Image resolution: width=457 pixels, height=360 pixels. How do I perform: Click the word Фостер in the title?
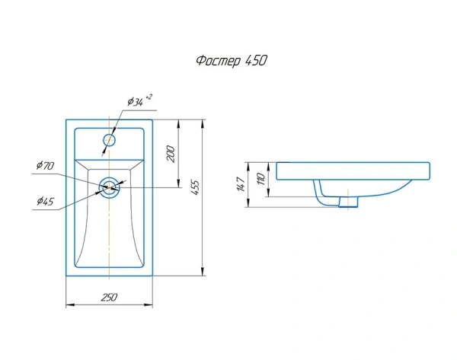[x=219, y=61]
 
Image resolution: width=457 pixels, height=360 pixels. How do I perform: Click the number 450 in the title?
[x=256, y=61]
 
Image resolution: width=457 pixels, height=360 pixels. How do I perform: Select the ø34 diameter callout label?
[x=136, y=102]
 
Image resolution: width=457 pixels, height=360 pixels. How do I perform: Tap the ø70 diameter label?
[x=45, y=165]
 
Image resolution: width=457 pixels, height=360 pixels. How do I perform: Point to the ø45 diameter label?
[x=46, y=201]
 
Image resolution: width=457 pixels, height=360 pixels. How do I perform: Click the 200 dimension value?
[x=171, y=154]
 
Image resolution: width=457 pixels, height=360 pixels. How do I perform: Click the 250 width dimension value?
[x=109, y=297]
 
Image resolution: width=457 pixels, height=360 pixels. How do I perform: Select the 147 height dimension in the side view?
[x=241, y=184]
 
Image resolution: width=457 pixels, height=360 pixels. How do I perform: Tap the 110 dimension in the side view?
[x=260, y=179]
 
